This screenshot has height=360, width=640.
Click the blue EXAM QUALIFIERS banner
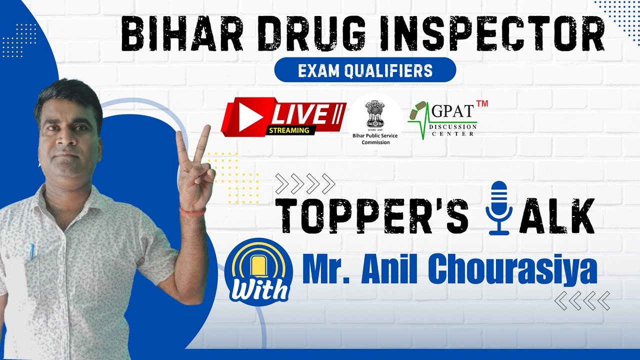(365, 70)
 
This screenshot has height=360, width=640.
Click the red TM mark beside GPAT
(481, 103)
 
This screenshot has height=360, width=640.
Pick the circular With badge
(258, 273)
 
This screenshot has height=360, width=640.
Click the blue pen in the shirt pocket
(31, 252)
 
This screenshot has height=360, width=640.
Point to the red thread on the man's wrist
(193, 212)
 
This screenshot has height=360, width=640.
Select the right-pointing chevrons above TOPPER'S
(305, 183)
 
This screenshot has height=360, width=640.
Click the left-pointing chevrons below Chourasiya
(582, 300)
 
